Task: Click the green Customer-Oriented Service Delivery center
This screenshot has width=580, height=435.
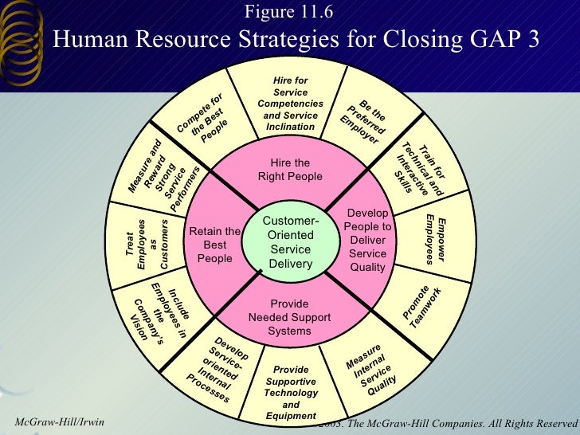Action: [x=290, y=241]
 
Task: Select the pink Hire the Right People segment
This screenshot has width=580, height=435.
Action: [x=290, y=170]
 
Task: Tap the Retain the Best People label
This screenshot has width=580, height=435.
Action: [x=215, y=245]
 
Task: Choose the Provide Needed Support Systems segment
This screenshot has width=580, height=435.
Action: [x=289, y=316]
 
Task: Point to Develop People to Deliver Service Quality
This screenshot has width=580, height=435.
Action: [x=367, y=240]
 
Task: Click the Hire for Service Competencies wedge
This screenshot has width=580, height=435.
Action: [x=290, y=104]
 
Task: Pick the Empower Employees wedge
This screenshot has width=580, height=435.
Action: [x=437, y=238]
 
